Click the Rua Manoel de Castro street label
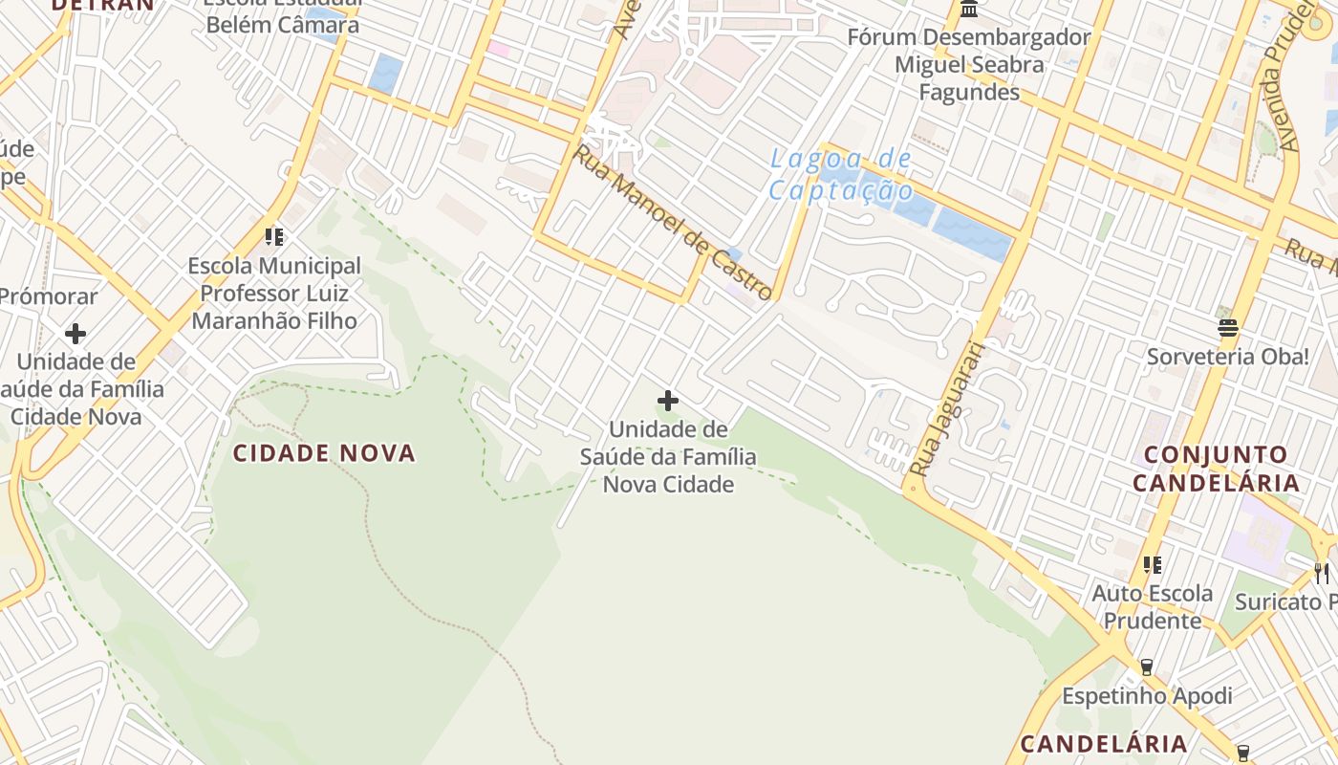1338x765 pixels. (x=672, y=222)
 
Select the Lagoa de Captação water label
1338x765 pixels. (x=841, y=175)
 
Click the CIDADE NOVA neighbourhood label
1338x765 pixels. (x=325, y=453)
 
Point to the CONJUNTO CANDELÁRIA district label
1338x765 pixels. (x=1216, y=469)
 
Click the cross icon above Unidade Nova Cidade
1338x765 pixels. (x=668, y=401)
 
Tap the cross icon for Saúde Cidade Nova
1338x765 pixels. (x=76, y=334)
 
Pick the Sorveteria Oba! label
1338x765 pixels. (x=1228, y=357)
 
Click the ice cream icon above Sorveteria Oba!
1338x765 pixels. (x=1228, y=329)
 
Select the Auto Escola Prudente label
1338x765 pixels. (x=1153, y=607)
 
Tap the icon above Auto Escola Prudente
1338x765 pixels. (x=1153, y=565)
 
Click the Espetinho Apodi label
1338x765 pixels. (x=1147, y=695)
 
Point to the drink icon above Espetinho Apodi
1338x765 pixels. (x=1147, y=667)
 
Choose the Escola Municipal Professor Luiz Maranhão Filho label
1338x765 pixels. (x=274, y=293)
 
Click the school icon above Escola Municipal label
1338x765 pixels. (x=274, y=236)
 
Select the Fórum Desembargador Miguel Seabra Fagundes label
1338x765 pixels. (x=969, y=65)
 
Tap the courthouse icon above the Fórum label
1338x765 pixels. (x=969, y=10)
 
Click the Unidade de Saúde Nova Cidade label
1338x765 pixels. (x=668, y=457)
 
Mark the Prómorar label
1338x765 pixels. (x=48, y=296)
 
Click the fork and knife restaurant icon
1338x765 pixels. (x=1321, y=573)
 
